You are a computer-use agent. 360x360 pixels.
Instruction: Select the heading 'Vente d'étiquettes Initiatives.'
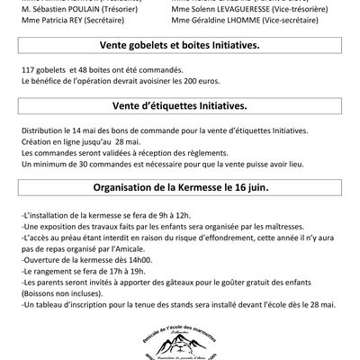coord(179,131)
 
